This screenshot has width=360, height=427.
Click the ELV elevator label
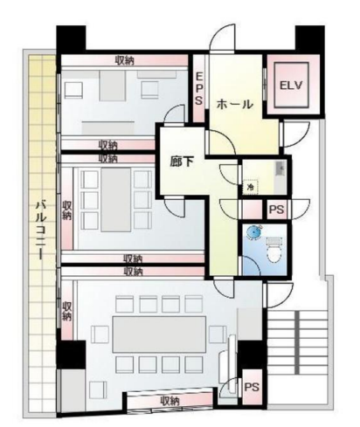tap(291, 86)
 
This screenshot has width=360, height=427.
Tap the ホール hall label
tap(234, 104)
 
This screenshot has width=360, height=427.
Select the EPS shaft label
tap(199, 88)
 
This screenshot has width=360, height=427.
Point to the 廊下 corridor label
tap(182, 162)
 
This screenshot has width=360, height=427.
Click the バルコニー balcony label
tap(40, 230)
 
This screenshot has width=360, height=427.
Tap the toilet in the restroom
tap(273, 250)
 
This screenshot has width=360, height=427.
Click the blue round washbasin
tap(253, 232)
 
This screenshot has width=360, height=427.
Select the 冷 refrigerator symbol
tap(250, 187)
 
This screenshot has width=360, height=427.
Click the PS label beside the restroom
tap(276, 210)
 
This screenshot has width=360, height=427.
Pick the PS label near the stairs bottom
tap(252, 387)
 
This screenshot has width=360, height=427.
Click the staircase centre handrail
tap(297, 342)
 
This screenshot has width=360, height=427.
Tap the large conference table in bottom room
tap(159, 334)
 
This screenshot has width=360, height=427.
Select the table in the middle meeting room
tap(115, 200)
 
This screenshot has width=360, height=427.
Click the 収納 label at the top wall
tap(125, 60)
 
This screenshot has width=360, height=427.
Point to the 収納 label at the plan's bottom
tap(170, 402)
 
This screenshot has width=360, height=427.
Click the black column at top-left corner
tap(71, 38)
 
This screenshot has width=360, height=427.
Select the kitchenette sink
tap(280, 169)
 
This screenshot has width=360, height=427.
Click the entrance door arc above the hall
tap(222, 38)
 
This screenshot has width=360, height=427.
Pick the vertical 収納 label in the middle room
tap(66, 210)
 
